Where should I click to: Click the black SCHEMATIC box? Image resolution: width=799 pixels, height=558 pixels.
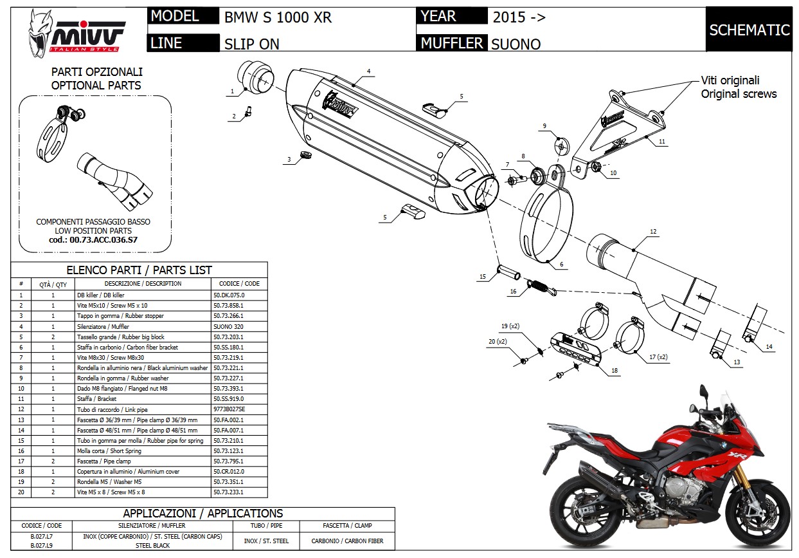[749, 30]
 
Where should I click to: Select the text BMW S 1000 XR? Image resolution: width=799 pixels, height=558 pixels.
[278, 17]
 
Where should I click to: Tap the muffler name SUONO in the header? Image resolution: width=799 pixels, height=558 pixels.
[516, 44]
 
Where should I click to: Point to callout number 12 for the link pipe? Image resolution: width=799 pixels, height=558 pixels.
[653, 232]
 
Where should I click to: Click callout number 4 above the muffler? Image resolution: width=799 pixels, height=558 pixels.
[369, 71]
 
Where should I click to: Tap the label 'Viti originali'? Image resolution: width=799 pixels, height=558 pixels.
[730, 80]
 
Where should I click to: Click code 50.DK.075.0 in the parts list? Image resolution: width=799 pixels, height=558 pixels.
[228, 295]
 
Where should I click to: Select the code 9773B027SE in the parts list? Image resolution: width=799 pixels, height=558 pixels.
[228, 409]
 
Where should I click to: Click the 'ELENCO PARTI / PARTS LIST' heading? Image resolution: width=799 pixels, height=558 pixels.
[139, 270]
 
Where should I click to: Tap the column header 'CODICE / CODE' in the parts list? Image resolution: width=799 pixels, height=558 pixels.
[239, 284]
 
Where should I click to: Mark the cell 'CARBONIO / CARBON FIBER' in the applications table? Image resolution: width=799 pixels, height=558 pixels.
[347, 541]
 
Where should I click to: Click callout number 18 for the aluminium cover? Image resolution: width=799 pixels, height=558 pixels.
[615, 371]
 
